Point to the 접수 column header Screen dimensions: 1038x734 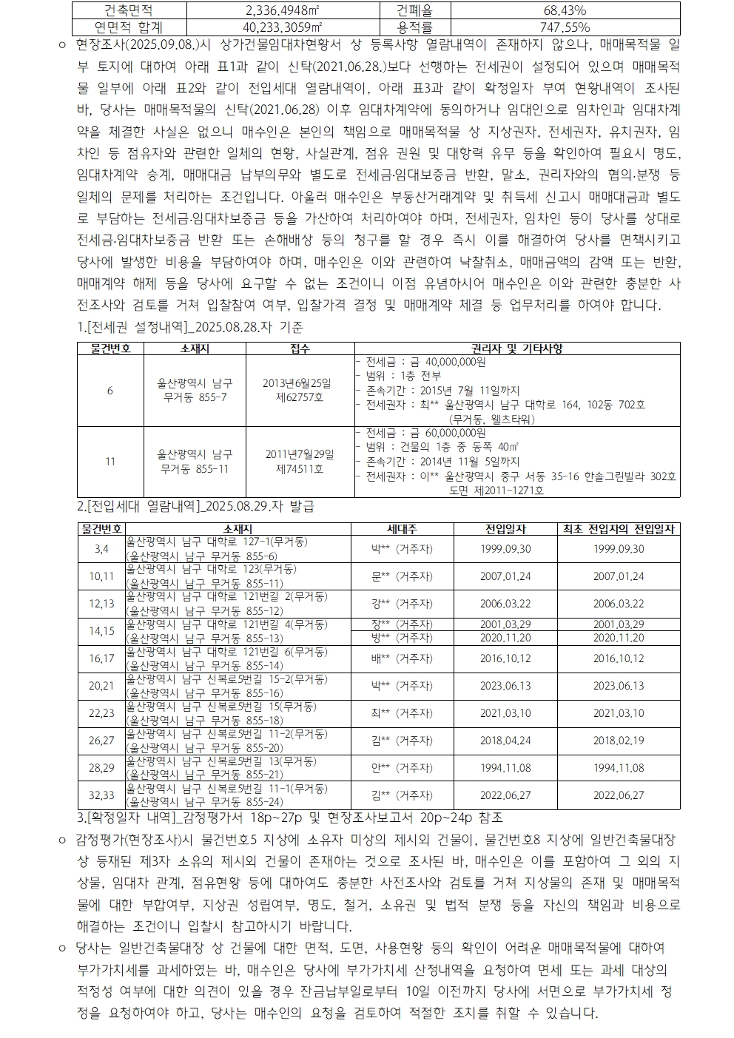tap(300, 348)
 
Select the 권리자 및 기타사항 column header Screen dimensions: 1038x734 tap(517, 348)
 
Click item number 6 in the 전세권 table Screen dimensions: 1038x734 tap(110, 390)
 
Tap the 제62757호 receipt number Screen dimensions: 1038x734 tap(299, 397)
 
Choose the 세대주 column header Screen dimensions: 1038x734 tap(402, 529)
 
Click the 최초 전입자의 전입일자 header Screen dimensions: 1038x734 tap(619, 529)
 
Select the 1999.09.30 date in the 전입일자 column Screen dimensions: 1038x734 tap(505, 549)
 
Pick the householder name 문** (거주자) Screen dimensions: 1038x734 tap(402, 576)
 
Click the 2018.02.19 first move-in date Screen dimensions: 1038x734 tap(619, 741)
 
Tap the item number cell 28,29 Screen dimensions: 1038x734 tap(101, 768)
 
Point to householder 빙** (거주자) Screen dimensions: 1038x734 tap(402, 638)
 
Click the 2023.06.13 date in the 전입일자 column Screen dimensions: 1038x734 tap(505, 686)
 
